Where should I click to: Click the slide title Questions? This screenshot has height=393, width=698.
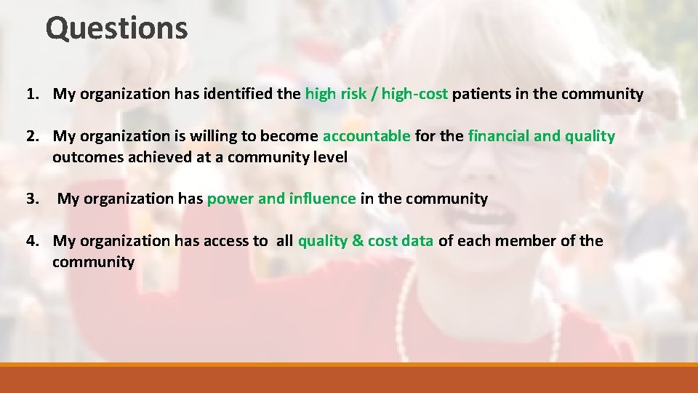click(116, 28)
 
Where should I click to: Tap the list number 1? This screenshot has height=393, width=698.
click(32, 94)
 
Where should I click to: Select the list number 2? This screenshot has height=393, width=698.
click(32, 136)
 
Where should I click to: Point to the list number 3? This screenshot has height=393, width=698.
click(32, 199)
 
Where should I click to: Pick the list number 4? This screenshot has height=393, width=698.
click(32, 241)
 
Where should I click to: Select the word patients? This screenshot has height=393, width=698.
click(480, 94)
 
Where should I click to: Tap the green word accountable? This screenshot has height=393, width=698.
click(366, 136)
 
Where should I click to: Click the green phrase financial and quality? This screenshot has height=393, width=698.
click(542, 136)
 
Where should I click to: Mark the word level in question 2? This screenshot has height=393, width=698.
click(329, 157)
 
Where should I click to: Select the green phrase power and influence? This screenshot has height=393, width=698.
click(281, 199)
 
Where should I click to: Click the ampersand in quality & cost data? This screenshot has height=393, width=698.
click(357, 241)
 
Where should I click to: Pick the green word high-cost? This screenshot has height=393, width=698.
click(414, 94)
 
